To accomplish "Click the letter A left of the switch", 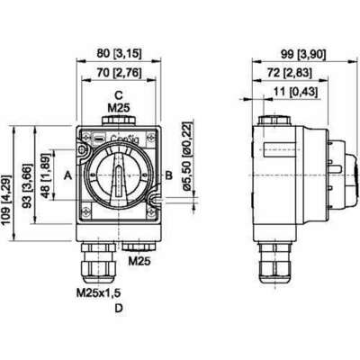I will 68,176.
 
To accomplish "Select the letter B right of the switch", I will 167,176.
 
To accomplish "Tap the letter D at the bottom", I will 118,310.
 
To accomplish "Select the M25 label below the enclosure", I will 138,262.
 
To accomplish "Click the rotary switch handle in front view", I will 117,176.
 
